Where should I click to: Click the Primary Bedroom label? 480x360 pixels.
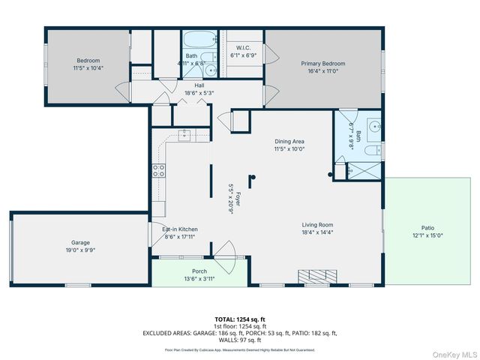pyautogui.click(x=322, y=64)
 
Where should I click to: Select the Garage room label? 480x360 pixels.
pyautogui.click(x=80, y=242)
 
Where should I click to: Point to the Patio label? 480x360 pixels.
pyautogui.click(x=427, y=228)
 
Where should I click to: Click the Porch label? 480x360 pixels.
pyautogui.click(x=199, y=271)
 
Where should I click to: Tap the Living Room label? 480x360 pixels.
pyautogui.click(x=317, y=224)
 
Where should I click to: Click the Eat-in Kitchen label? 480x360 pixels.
pyautogui.click(x=180, y=229)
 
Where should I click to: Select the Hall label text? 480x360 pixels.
pyautogui.click(x=199, y=85)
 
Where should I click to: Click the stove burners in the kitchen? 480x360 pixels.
pyautogui.click(x=158, y=170)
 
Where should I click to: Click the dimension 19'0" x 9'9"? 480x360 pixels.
pyautogui.click(x=80, y=250)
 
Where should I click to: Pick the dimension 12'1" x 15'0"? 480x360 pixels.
pyautogui.click(x=427, y=235)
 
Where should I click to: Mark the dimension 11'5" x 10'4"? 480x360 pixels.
pyautogui.click(x=88, y=68)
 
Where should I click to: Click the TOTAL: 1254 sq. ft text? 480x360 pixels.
pyautogui.click(x=240, y=319)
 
